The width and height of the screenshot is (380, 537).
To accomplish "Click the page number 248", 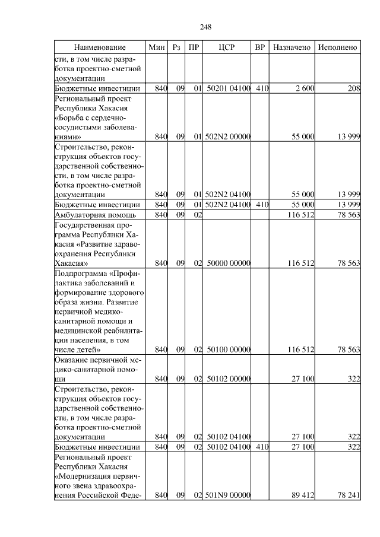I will tap(206, 27).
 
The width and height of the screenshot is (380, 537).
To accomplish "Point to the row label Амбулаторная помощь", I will tap(96, 214).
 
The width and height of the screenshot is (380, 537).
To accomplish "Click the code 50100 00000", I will tap(229, 349).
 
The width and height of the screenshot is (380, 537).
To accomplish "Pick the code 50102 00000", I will tap(229, 379).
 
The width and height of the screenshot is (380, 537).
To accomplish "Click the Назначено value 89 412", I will tap(302, 494).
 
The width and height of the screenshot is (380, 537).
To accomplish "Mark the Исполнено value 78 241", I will tap(349, 494).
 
